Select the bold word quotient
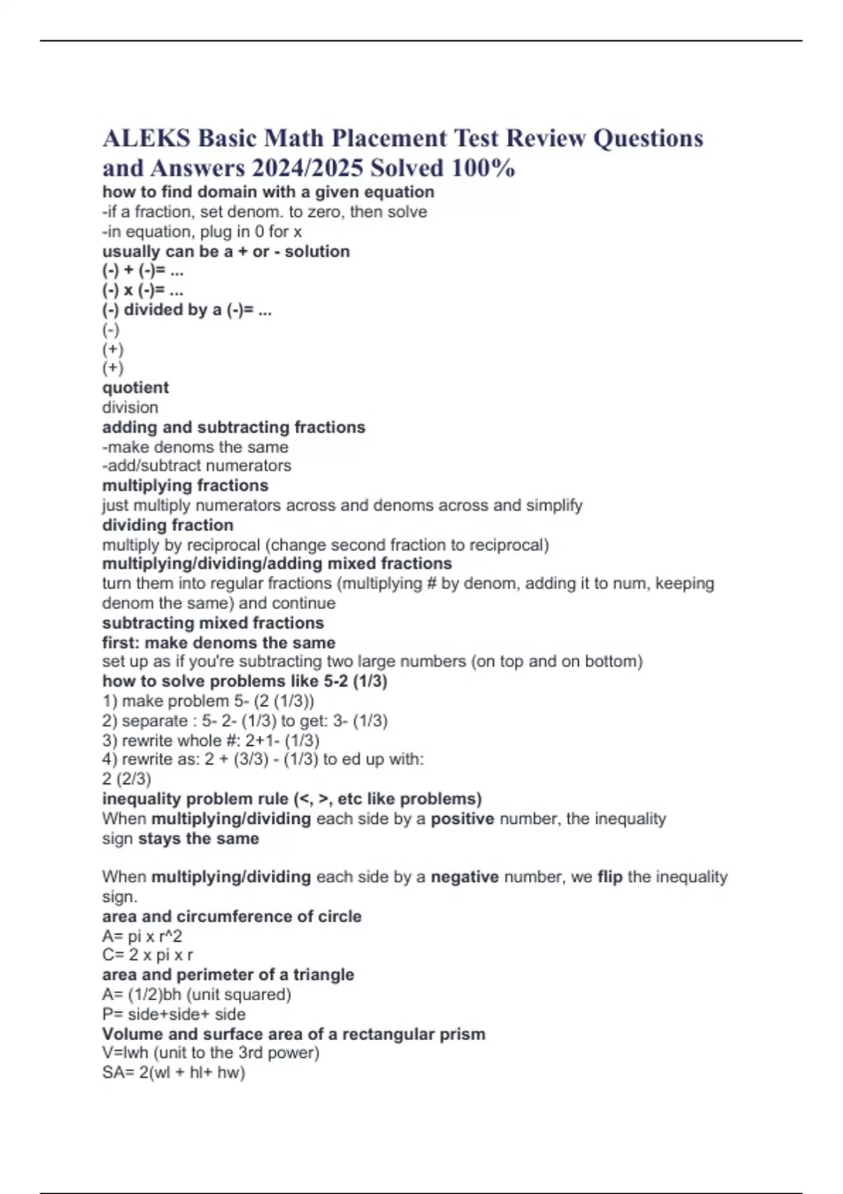tap(136, 388)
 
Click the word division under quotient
tap(130, 407)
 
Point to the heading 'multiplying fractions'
tap(185, 485)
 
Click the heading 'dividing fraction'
tap(168, 525)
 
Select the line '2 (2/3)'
tap(126, 779)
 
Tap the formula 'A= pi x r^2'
tap(142, 936)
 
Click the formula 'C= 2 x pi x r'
tap(148, 955)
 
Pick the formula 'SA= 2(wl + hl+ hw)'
tap(174, 1072)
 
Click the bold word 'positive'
tap(462, 819)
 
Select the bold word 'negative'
tap(464, 877)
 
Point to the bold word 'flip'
tap(610, 877)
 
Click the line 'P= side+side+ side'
tap(174, 1014)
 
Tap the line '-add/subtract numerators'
tap(197, 466)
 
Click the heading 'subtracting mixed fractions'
tap(213, 623)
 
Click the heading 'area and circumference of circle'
tap(232, 917)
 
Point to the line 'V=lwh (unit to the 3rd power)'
tap(211, 1053)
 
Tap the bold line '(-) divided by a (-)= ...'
tap(187, 310)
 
